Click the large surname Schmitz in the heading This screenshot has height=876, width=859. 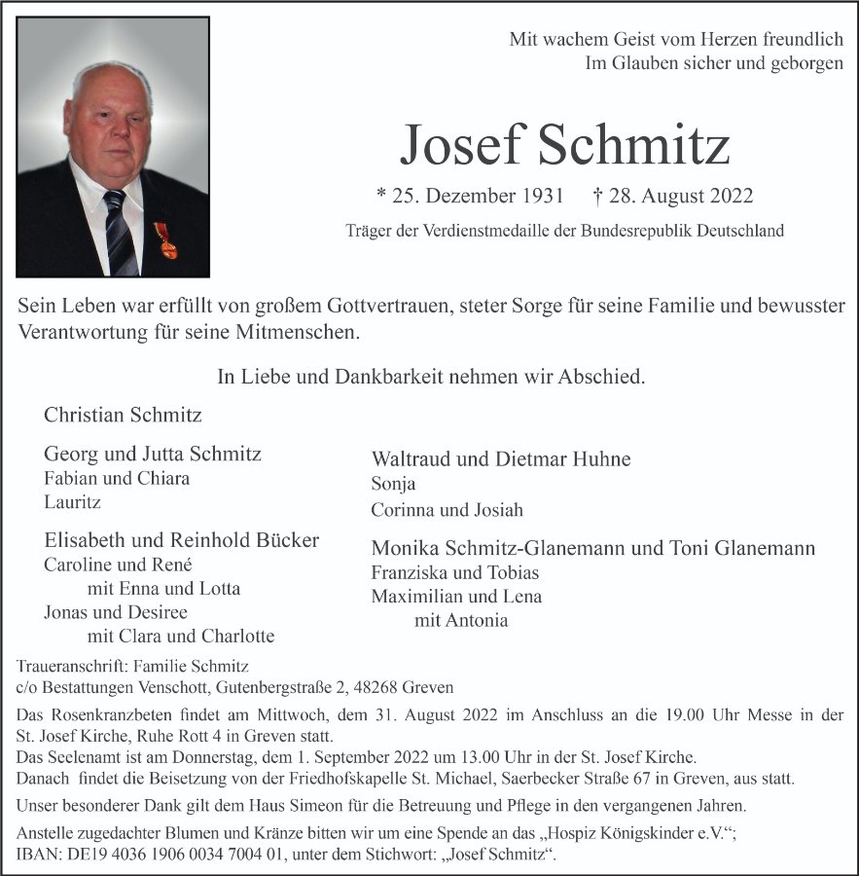coord(632,146)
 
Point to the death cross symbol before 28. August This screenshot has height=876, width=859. coord(597,196)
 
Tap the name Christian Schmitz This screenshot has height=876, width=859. coord(123,415)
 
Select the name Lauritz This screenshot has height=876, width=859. coord(72,502)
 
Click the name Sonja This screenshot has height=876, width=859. coord(393,484)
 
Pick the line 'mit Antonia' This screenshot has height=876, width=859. coord(460,620)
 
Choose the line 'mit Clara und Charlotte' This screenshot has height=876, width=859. coord(180,637)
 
